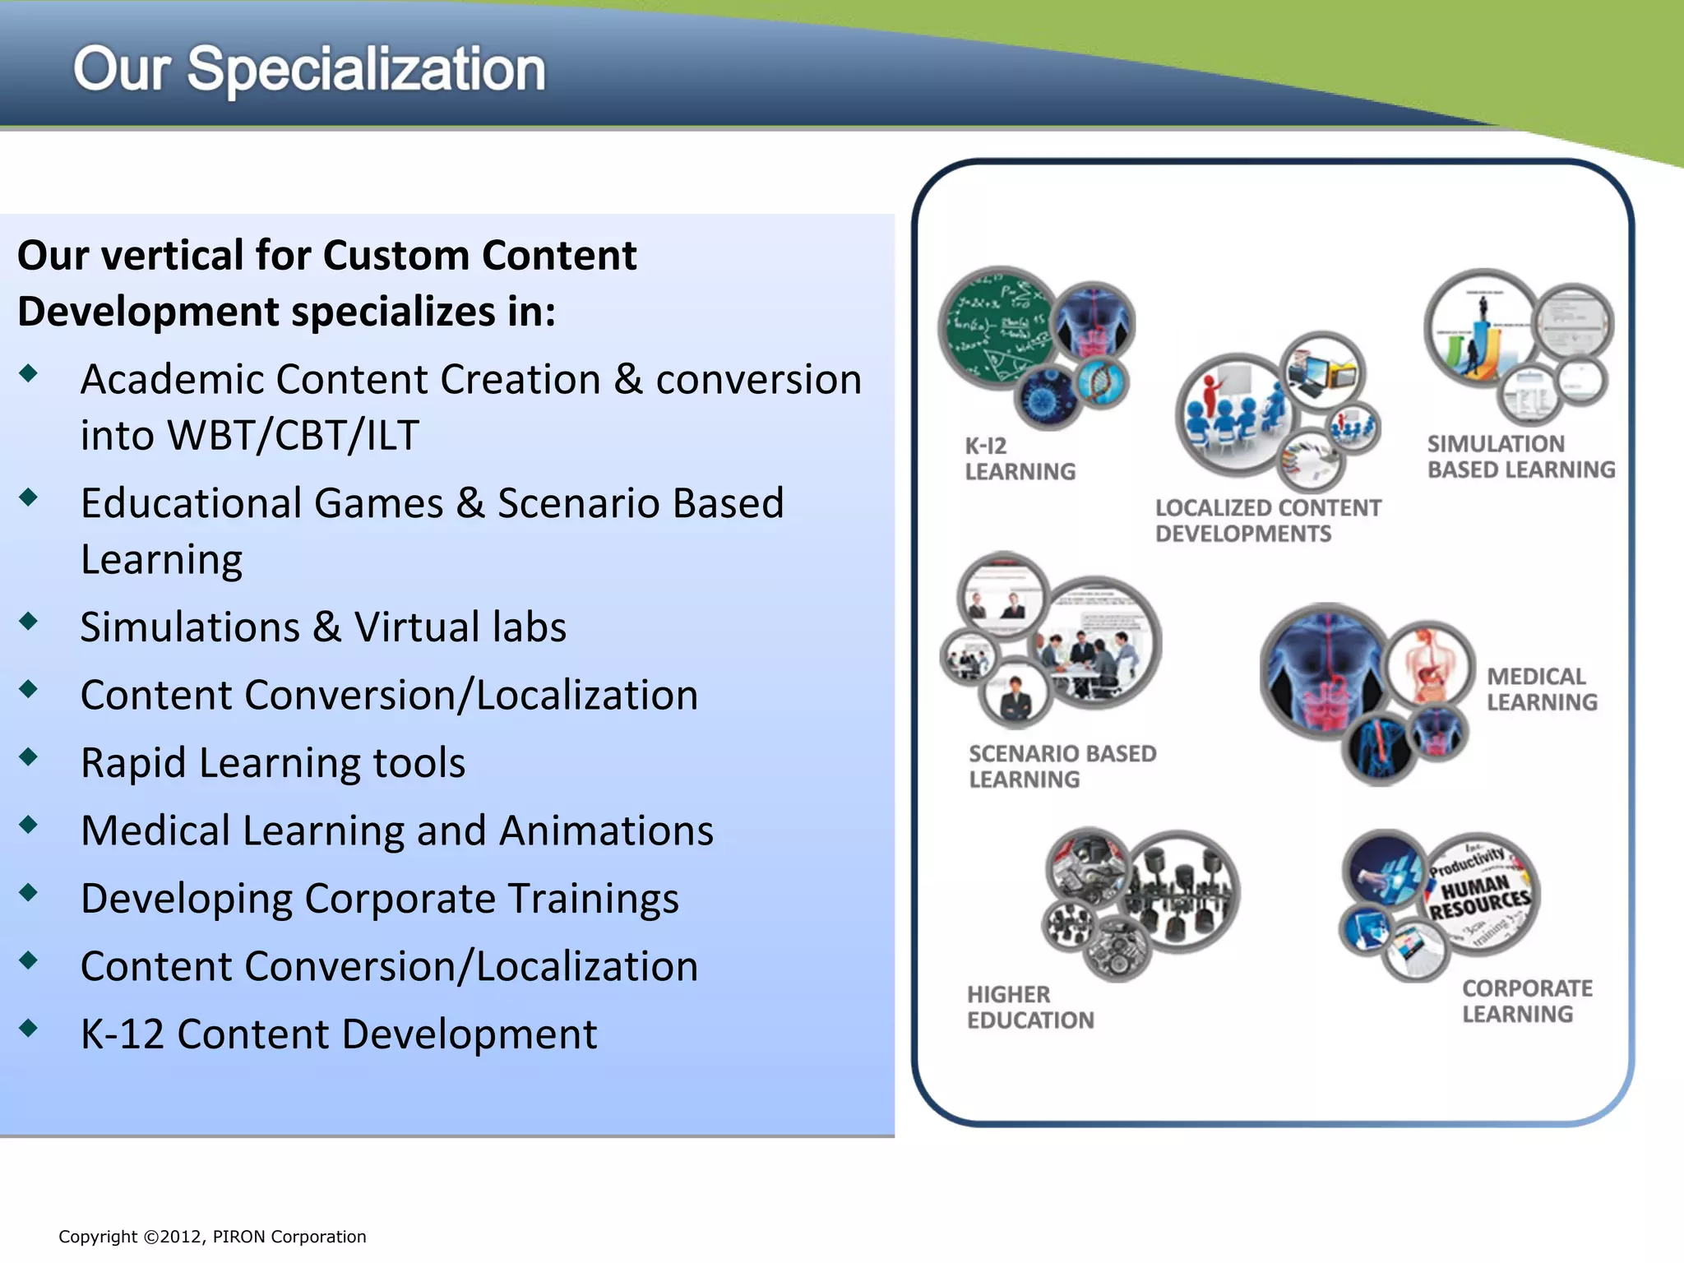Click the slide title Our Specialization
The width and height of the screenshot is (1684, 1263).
tap(309, 69)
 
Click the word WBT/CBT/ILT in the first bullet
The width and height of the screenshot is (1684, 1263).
tap(293, 435)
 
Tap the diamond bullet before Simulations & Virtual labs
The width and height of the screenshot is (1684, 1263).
tap(29, 622)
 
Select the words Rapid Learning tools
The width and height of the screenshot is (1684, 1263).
tap(273, 762)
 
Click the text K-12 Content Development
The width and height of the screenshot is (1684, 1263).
tap(339, 1034)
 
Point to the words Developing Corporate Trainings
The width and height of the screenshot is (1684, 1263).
tap(380, 898)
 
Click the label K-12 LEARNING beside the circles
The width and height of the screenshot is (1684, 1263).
tap(1019, 459)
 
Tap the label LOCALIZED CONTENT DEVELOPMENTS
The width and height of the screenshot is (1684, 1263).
tap(1266, 520)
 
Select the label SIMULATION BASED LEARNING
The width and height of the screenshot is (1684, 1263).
tap(1520, 456)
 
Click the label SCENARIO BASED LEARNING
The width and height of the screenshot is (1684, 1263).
tap(1061, 766)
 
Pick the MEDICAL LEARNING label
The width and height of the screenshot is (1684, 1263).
tap(1541, 689)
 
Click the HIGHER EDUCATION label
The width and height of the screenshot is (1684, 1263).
tap(1029, 1007)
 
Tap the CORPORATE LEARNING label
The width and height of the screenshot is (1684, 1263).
tap(1526, 1001)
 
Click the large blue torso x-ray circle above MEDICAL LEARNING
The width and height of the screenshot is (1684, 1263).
tap(1324, 670)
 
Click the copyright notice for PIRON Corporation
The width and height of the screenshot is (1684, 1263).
tap(212, 1237)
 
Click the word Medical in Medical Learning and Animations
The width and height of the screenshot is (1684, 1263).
tap(155, 830)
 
